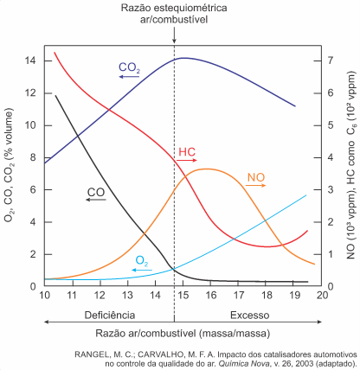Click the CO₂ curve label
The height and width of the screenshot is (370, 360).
pos(129,67)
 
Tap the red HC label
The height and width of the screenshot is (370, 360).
pos(187,152)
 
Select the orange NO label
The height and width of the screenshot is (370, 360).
pos(256,177)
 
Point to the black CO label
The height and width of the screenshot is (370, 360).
pos(96,192)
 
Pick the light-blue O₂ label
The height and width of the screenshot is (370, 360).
pos(142,261)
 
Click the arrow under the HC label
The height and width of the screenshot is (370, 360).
pos(187,160)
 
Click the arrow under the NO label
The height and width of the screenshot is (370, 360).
pos(256,186)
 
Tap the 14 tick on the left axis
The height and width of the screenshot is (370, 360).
pos(30,61)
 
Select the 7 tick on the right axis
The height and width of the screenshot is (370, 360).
pos(331,61)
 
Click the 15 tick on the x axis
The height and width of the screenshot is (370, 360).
pos(183,295)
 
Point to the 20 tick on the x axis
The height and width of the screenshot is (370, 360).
pos(322,295)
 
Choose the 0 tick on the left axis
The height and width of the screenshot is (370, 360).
pos(33,287)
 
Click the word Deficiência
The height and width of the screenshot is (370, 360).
pos(110,315)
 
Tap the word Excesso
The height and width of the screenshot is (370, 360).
pos(250,315)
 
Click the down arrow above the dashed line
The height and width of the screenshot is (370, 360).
pos(174,35)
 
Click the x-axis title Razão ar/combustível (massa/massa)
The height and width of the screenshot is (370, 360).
pos(183,334)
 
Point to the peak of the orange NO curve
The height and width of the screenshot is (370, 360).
pos(207,169)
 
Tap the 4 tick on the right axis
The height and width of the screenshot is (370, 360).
pos(331,157)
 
